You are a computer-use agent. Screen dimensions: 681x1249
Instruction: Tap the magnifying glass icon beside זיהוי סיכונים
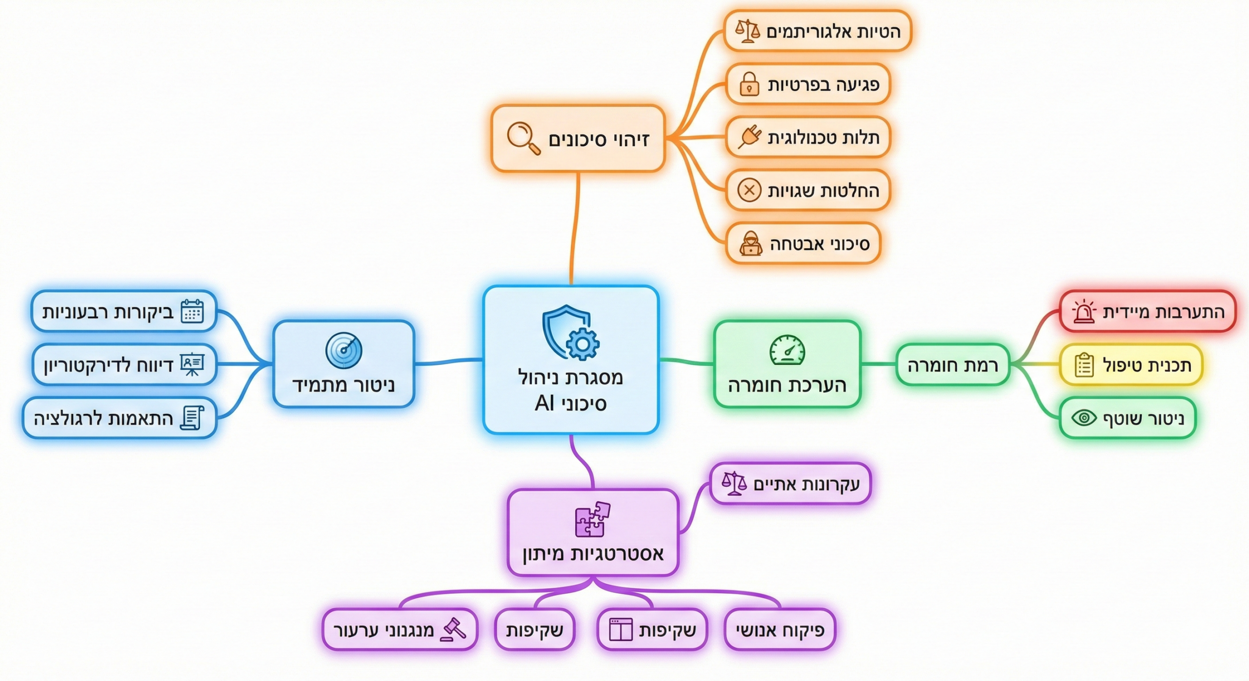[x=523, y=138]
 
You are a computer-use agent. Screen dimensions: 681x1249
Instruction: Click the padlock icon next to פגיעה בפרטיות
[x=749, y=84]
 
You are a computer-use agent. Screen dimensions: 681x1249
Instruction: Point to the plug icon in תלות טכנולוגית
[x=749, y=137]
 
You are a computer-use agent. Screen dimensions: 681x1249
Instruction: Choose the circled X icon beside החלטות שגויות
[x=749, y=190]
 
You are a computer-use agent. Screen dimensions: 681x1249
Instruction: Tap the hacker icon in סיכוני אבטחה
[x=750, y=243]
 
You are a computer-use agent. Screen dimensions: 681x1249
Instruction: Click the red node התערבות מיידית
[x=1148, y=312]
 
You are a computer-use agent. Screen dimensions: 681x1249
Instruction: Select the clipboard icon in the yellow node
[x=1084, y=364]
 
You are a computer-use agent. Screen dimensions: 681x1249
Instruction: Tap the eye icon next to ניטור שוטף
[x=1084, y=418]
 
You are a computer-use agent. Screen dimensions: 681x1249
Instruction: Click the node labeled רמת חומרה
[x=952, y=365]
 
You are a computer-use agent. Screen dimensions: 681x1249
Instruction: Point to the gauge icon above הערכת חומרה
[x=787, y=350]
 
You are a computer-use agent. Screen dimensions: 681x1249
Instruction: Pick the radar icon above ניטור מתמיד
[x=343, y=350]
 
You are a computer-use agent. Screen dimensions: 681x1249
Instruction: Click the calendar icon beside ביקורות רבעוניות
[x=192, y=311]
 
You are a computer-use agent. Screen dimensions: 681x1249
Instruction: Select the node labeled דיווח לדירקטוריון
[x=124, y=364]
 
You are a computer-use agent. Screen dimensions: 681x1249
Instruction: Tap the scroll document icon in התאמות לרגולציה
[x=192, y=418]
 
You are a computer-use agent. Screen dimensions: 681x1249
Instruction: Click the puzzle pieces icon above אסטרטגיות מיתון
[x=592, y=519]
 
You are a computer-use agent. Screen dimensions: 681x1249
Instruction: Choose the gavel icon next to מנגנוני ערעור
[x=453, y=629]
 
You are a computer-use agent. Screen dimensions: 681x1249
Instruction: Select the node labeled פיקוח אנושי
[x=780, y=630]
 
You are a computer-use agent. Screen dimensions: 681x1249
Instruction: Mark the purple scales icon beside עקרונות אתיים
[x=734, y=483]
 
